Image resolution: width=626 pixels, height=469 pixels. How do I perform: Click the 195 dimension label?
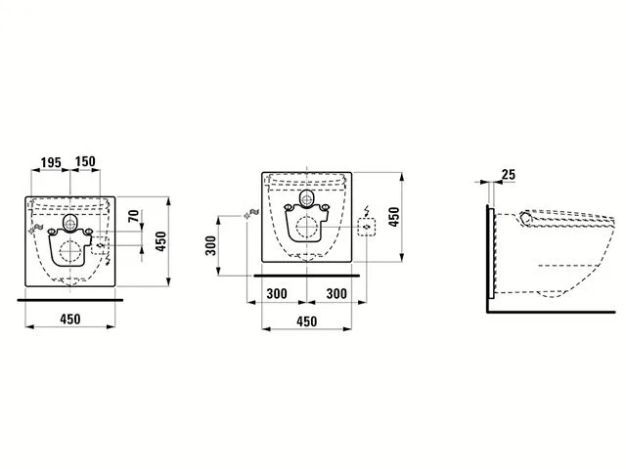(51, 162)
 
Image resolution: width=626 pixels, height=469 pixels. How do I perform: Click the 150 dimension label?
(85, 161)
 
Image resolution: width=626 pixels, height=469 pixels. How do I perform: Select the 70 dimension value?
(134, 216)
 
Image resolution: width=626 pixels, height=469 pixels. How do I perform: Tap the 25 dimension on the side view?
(509, 175)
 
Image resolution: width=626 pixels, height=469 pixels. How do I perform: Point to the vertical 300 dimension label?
(210, 245)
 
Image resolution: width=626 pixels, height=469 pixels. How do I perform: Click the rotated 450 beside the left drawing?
(160, 241)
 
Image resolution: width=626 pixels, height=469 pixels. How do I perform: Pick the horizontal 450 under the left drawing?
(70, 320)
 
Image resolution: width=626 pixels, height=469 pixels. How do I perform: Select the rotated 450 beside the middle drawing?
(394, 217)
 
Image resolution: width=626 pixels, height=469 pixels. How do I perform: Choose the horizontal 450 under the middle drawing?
(306, 321)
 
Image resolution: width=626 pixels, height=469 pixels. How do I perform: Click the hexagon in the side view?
(526, 219)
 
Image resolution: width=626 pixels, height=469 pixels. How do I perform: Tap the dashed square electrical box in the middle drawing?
(367, 227)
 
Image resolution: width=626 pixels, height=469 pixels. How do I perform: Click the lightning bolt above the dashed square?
(367, 211)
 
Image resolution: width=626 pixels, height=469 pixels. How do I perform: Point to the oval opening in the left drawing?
(69, 223)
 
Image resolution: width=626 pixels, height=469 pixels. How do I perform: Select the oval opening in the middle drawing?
(306, 199)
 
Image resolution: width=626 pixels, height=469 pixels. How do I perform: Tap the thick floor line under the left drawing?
(70, 300)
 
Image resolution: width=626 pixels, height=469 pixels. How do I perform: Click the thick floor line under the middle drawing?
(306, 276)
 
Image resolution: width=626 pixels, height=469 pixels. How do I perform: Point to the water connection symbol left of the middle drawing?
(252, 213)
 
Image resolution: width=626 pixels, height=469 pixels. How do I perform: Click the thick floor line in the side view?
(551, 312)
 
